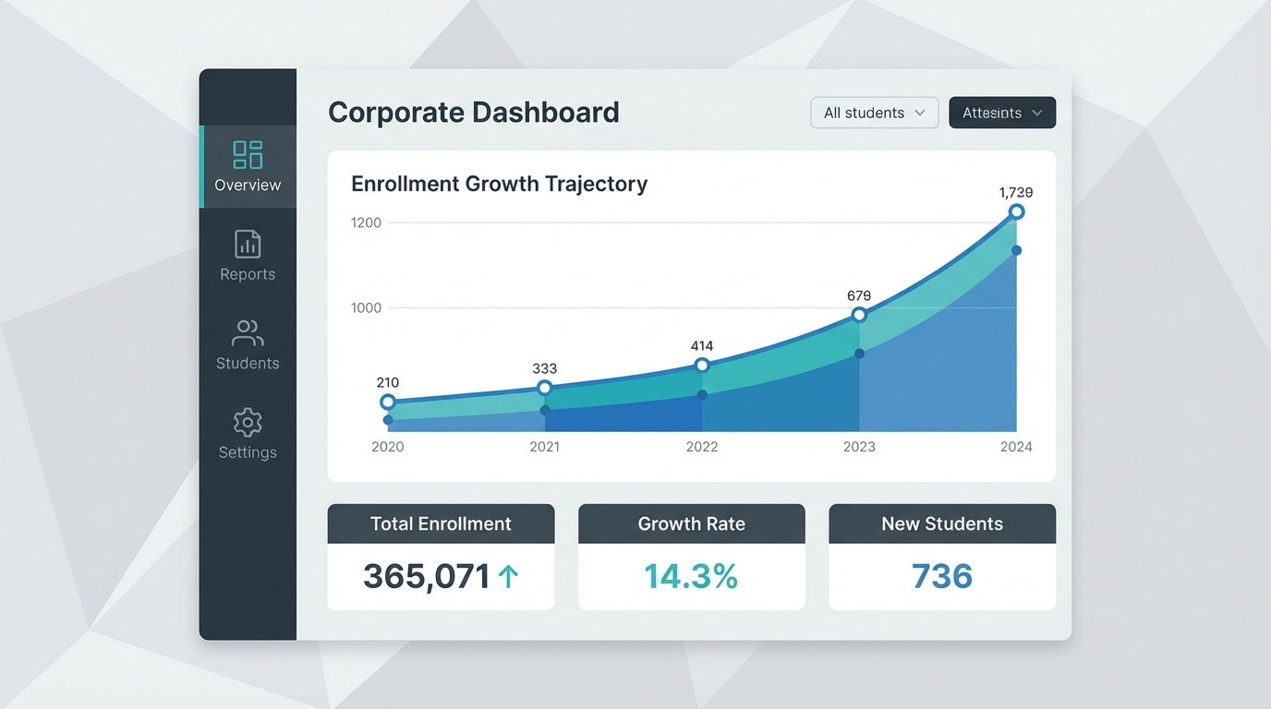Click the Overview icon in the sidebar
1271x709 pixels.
pyautogui.click(x=248, y=154)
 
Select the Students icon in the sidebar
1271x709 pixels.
pyautogui.click(x=248, y=333)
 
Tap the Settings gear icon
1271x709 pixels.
pyautogui.click(x=248, y=422)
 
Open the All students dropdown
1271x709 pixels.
pyautogui.click(x=874, y=113)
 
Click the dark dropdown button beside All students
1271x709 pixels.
pyautogui.click(x=1001, y=113)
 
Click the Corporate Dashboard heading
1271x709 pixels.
pyautogui.click(x=473, y=113)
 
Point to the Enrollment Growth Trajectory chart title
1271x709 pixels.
pyautogui.click(x=499, y=184)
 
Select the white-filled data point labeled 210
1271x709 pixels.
pyautogui.click(x=388, y=402)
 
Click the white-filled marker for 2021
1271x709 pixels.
pyautogui.click(x=545, y=388)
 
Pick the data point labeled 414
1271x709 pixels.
pyautogui.click(x=702, y=366)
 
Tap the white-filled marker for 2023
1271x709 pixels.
pyautogui.click(x=859, y=315)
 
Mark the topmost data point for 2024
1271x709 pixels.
pyautogui.click(x=1016, y=212)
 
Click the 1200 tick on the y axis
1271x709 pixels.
pyautogui.click(x=366, y=222)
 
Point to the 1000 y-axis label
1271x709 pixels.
pyautogui.click(x=366, y=307)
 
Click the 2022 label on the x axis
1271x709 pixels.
pyautogui.click(x=702, y=447)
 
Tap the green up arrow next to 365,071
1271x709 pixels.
pyautogui.click(x=508, y=577)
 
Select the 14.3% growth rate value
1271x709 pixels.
pyautogui.click(x=691, y=577)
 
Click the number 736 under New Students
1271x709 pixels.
pyautogui.click(x=941, y=577)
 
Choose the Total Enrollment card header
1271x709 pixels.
pyautogui.click(x=441, y=523)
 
